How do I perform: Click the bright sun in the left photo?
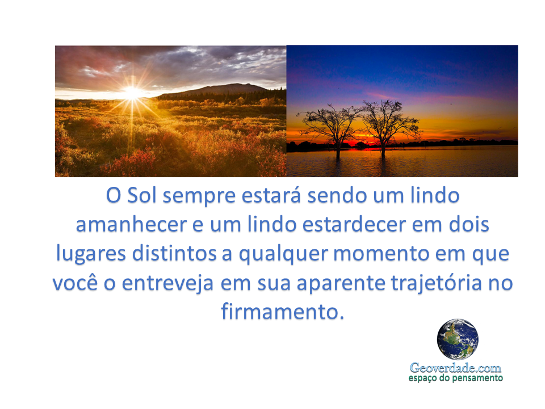click(133, 93)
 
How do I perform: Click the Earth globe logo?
click(457, 339)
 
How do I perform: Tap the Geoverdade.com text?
click(455, 368)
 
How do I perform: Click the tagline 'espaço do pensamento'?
click(455, 378)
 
